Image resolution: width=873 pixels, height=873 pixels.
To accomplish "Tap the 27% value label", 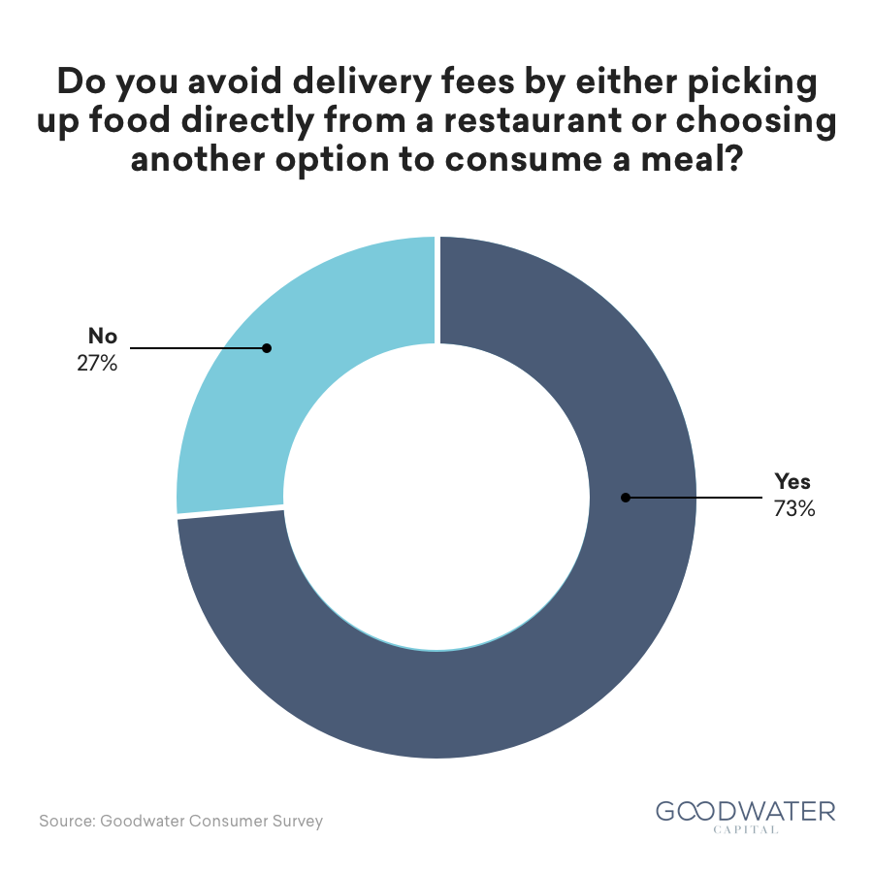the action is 97,364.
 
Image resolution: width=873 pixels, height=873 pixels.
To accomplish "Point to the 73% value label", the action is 794,509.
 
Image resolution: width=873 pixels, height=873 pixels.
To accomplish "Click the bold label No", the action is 103,337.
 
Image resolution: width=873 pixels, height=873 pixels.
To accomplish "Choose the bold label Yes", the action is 792,481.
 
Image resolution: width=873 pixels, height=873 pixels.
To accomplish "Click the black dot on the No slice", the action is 267,348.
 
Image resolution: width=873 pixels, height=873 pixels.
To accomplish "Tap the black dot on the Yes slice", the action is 626,498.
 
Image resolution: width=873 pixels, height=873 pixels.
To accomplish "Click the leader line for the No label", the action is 198,348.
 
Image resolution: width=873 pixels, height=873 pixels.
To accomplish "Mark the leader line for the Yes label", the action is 695,498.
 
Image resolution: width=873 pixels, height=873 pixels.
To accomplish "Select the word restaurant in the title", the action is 533,121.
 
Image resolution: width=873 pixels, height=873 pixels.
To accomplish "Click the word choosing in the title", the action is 756,121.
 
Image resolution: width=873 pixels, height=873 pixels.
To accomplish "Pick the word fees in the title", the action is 477,81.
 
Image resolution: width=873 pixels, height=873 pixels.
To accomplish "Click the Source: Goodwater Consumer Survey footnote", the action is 181,822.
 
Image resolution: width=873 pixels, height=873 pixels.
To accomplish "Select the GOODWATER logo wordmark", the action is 746,812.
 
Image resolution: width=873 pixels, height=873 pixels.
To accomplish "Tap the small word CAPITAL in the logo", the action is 746,829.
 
